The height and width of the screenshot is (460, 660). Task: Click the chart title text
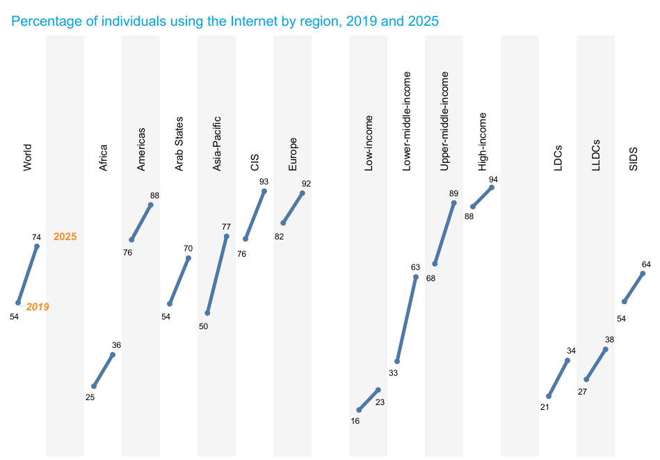[x=225, y=21]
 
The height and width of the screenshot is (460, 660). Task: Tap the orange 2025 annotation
[x=65, y=237]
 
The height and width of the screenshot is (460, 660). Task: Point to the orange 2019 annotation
[x=38, y=307]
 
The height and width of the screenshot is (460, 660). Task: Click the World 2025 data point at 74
[x=37, y=246]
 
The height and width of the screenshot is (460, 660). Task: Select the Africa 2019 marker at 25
[x=94, y=386]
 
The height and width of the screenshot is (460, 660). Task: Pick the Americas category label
[x=141, y=150]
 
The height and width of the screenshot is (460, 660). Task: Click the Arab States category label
[x=179, y=144]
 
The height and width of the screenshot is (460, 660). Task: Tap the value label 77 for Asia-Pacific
[x=227, y=227]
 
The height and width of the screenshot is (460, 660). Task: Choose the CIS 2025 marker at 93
[x=264, y=191]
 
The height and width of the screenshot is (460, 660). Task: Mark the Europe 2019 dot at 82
[x=283, y=223]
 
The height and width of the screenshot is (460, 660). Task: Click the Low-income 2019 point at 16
[x=359, y=410]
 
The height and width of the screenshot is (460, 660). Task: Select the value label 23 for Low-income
[x=380, y=402]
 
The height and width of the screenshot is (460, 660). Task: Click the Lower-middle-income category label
[x=406, y=121]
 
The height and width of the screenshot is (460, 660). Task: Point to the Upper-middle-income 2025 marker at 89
[x=453, y=203]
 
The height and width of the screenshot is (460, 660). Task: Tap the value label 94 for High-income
[x=493, y=180]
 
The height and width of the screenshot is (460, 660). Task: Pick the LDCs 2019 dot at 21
[x=549, y=397]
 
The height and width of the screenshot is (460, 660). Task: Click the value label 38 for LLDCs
[x=609, y=340]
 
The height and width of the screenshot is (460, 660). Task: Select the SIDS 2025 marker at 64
[x=643, y=273]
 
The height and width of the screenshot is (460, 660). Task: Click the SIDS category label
[x=634, y=159]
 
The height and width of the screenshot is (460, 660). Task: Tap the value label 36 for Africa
[x=117, y=345]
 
